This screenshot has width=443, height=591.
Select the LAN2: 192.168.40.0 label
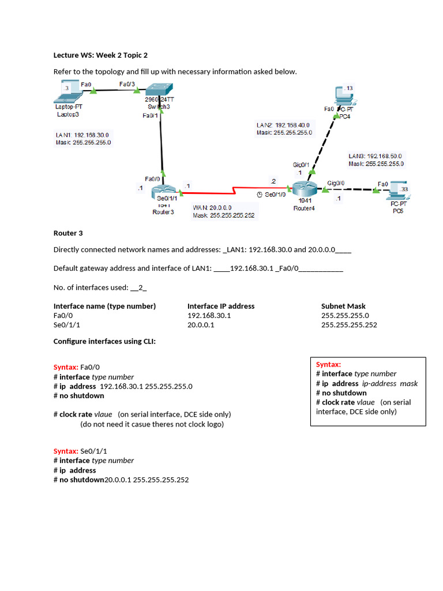283,125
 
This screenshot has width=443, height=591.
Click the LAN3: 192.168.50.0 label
376,156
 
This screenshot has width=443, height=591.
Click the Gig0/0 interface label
336,183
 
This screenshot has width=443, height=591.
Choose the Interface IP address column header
221,306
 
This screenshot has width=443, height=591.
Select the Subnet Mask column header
343,306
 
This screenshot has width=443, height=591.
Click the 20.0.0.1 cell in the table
201,325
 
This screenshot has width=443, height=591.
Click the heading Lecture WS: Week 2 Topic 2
100,55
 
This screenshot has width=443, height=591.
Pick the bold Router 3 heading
68,233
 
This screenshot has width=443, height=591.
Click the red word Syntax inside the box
328,364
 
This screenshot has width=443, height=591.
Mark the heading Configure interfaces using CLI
104,341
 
